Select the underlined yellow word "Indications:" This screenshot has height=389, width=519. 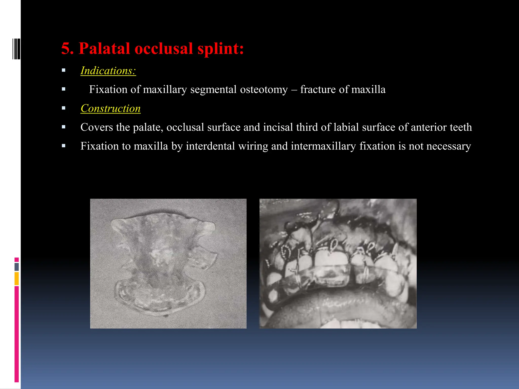point(108,71)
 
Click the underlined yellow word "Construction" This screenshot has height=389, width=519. point(110,108)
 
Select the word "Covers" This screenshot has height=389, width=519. point(97,127)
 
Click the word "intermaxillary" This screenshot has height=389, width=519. point(323,146)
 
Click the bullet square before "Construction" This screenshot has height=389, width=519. point(64,108)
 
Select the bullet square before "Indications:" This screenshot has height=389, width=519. point(64,70)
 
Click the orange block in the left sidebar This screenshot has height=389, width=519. point(17,279)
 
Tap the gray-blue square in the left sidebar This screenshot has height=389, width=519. point(17,267)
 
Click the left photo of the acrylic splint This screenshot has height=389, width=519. point(168,264)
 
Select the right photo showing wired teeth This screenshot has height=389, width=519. point(338,264)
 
